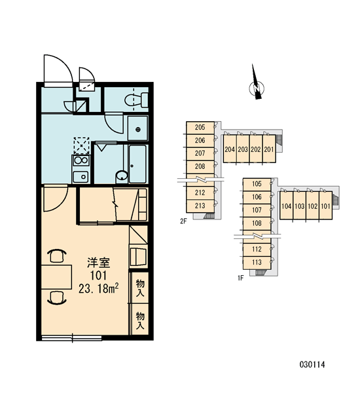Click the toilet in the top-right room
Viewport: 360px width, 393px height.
137,100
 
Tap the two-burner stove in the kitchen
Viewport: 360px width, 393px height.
81,160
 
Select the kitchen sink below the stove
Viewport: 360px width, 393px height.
81,177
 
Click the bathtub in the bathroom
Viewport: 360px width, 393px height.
137,164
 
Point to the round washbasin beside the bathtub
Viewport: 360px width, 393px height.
122,176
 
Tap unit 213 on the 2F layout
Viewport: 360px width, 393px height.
200,206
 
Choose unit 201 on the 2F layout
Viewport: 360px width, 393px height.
269,149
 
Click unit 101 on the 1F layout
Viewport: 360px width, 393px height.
325,206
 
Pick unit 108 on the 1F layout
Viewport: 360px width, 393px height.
257,223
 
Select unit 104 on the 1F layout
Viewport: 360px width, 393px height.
286,206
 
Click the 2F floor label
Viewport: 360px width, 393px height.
183,221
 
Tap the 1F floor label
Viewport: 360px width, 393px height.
240,278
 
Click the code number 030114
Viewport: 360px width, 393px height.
312,364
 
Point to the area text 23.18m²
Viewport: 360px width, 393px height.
98,289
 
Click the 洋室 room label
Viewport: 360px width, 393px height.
98,263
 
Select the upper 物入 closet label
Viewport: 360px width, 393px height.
140,288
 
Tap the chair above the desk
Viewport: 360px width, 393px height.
56,255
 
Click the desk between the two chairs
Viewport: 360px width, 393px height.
56,277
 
